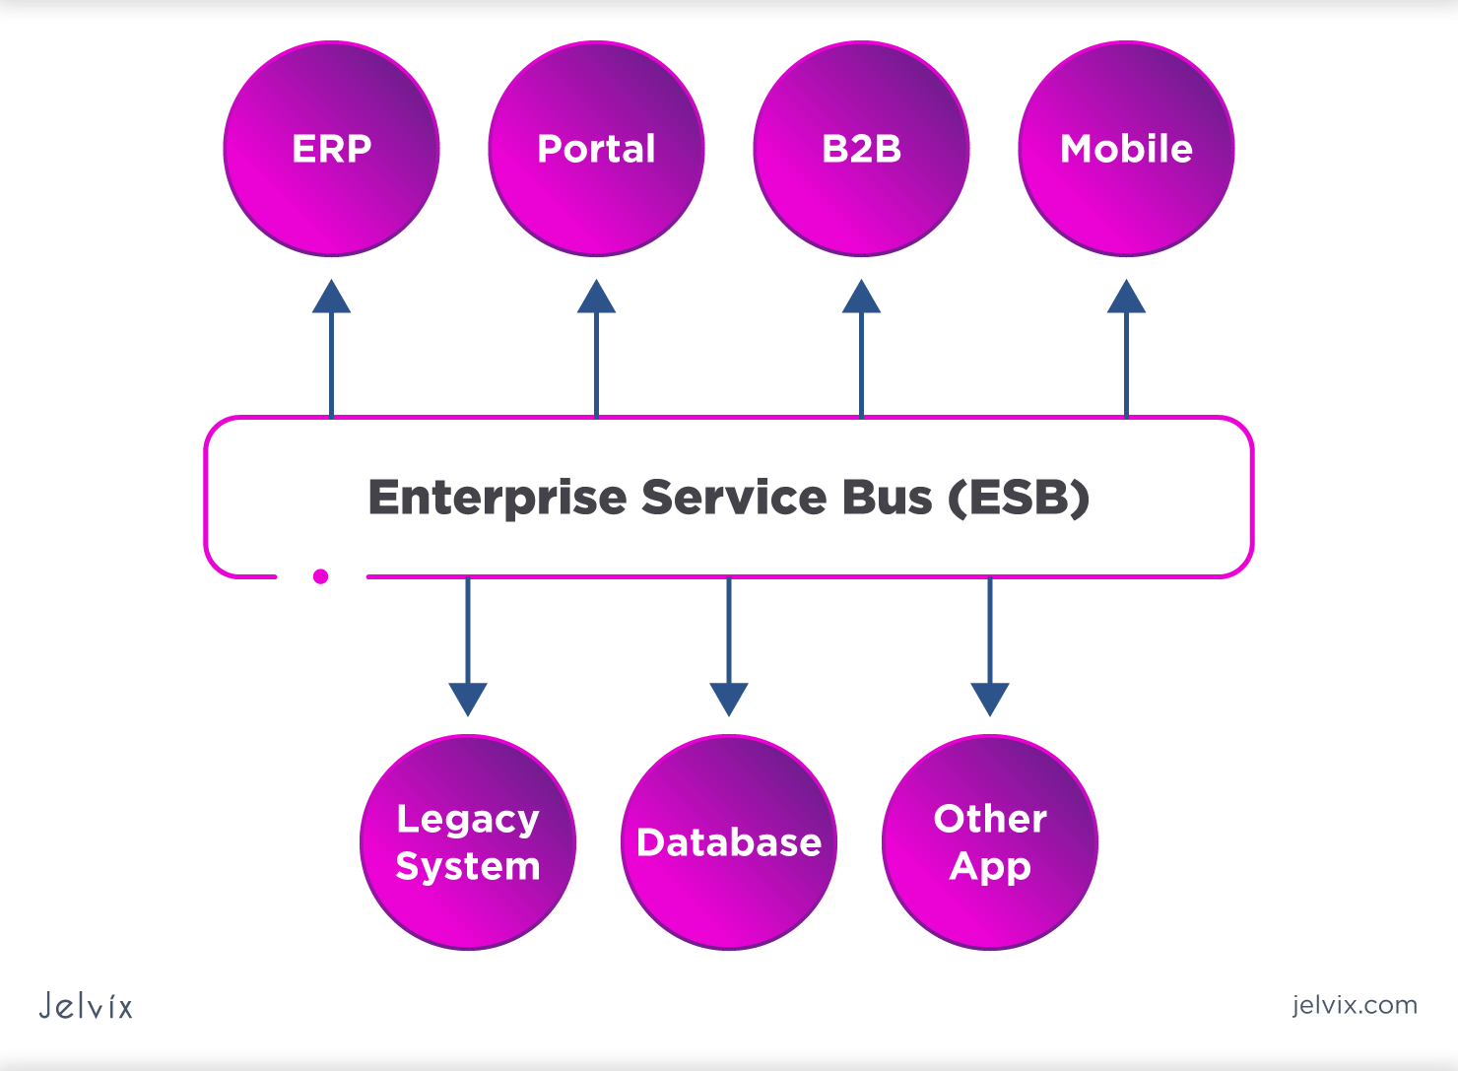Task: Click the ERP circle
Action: point(332,149)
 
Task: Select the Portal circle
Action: point(596,149)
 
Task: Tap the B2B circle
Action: point(861,149)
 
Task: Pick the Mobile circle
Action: point(1126,149)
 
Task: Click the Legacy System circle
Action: point(468,842)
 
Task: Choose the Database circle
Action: point(729,842)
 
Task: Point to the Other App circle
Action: point(990,842)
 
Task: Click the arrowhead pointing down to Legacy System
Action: point(468,699)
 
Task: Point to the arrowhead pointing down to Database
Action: point(729,699)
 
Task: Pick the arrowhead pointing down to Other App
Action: point(990,699)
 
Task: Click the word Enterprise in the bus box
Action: point(497,498)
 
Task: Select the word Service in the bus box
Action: point(734,498)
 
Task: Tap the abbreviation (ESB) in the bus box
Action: point(1019,498)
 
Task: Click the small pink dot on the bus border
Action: point(320,576)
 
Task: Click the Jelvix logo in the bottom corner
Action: point(86,1006)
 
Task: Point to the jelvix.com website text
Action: point(1355,1005)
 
